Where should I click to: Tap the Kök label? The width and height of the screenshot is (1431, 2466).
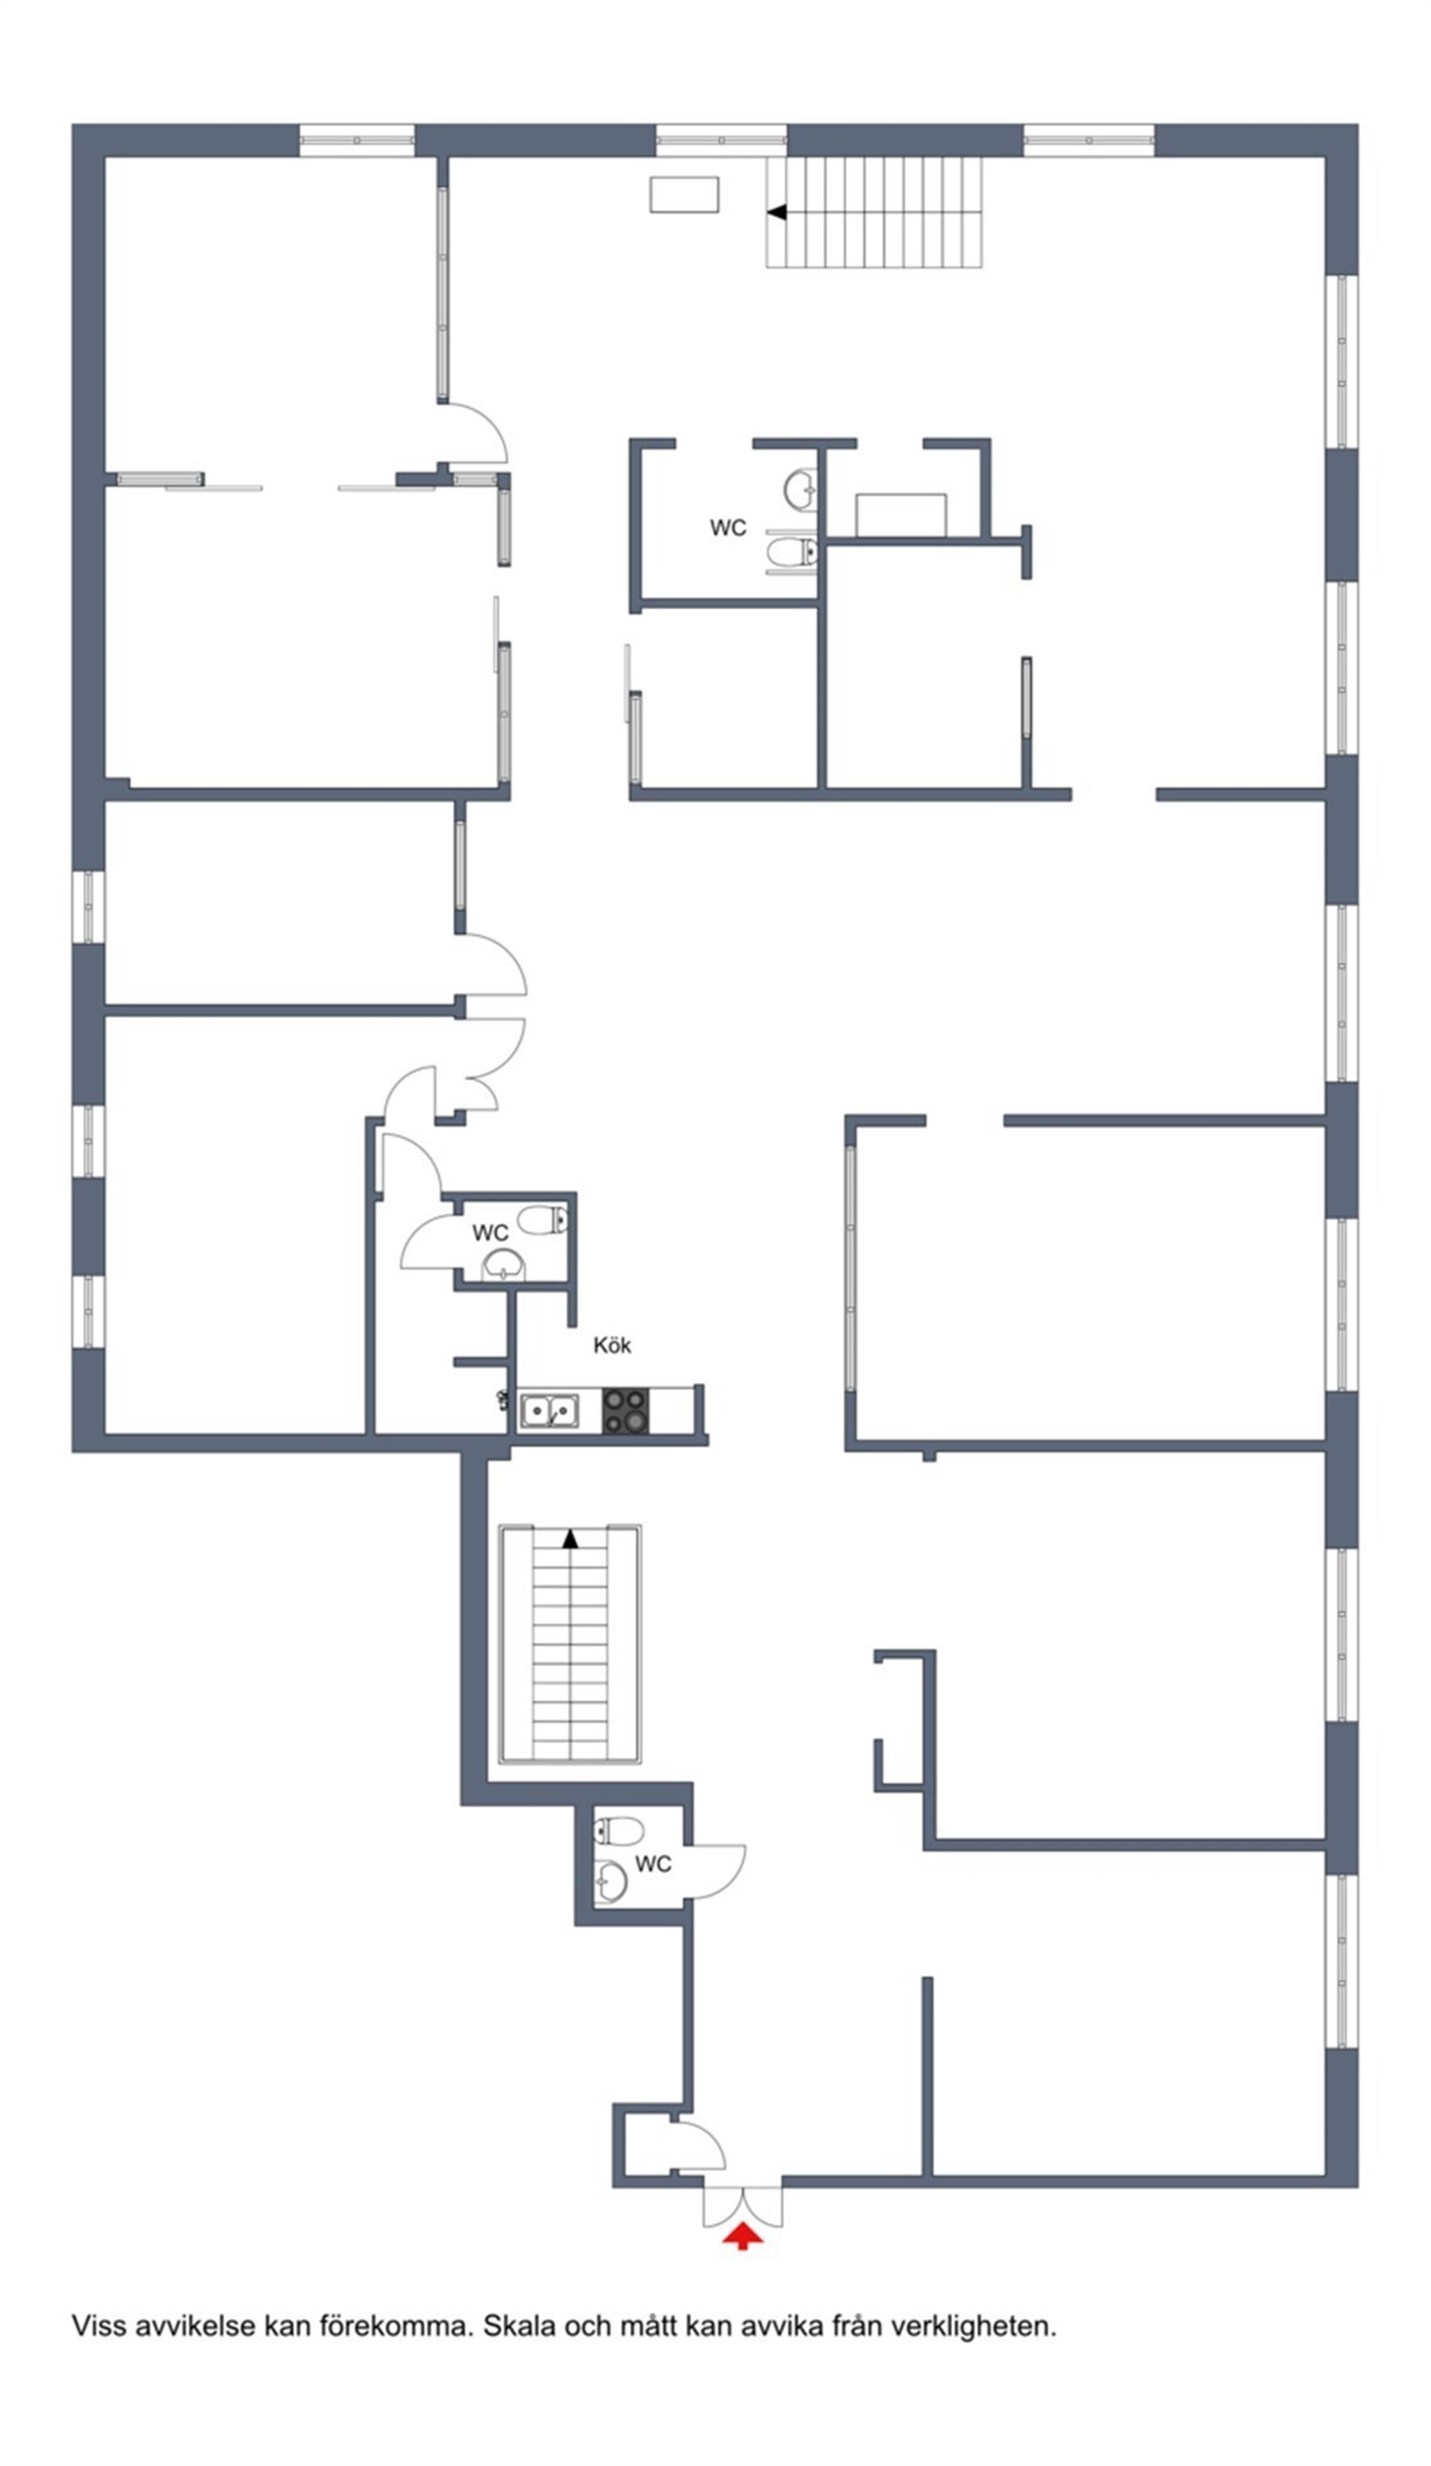pyautogui.click(x=612, y=1345)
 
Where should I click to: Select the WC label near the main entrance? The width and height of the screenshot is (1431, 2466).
pyautogui.click(x=653, y=1864)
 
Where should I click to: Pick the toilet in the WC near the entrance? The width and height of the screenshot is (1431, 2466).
pyautogui.click(x=619, y=1830)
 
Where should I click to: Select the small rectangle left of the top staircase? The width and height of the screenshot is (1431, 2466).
pyautogui.click(x=684, y=194)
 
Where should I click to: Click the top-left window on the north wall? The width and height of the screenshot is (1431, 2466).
pyautogui.click(x=356, y=140)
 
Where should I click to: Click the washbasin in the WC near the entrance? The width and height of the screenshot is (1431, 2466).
pyautogui.click(x=611, y=1880)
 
